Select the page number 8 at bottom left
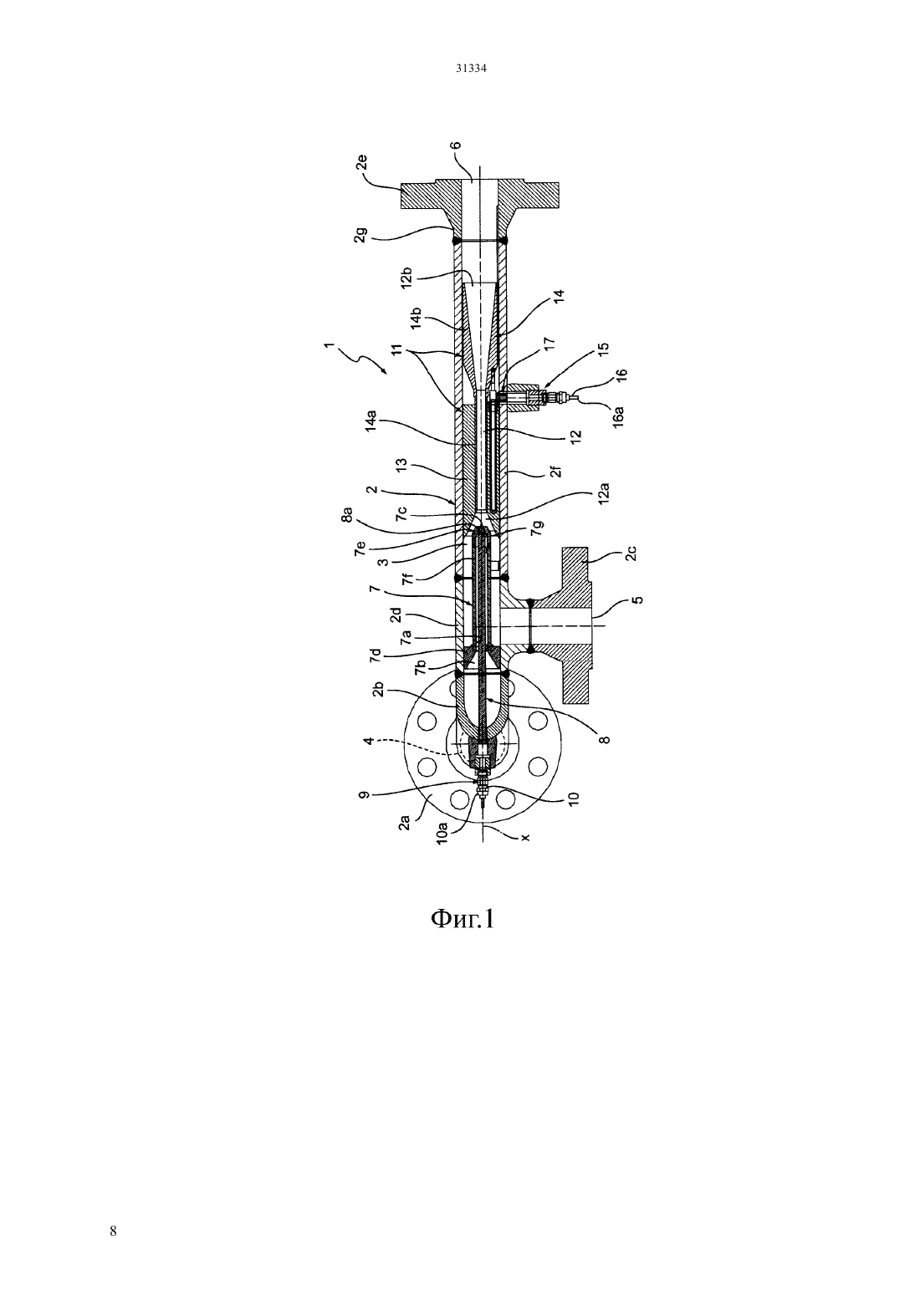tap(113, 1231)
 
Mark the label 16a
tap(619, 417)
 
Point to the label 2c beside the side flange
tap(632, 552)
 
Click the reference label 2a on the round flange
tap(405, 823)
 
